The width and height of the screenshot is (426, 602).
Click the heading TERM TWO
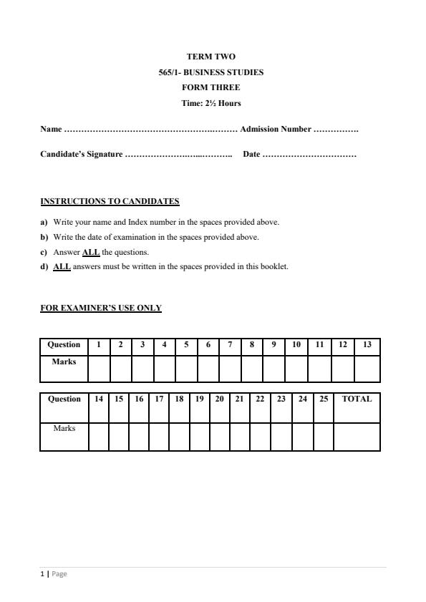(211, 57)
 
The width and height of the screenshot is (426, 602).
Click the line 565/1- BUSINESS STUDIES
(211, 72)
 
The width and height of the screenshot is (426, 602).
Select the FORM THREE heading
(211, 87)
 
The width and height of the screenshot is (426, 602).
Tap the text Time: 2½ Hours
(211, 103)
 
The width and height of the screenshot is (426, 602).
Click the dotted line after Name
(150, 130)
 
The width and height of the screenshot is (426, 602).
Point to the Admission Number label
(276, 130)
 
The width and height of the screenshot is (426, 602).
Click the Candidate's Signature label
(81, 155)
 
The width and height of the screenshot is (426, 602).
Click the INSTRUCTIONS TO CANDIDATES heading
(110, 201)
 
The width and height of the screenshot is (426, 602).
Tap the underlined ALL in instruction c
(91, 253)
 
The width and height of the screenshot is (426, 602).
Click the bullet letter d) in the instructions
(44, 267)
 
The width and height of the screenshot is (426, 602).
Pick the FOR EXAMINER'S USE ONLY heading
(101, 309)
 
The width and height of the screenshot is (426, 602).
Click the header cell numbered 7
(230, 345)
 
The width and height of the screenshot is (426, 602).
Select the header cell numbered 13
(367, 345)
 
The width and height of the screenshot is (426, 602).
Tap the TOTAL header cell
(357, 399)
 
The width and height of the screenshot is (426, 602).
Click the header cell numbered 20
(219, 399)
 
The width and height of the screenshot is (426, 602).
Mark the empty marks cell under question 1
(99, 369)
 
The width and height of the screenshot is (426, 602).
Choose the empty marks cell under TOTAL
(357, 436)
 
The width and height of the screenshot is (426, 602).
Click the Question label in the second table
(64, 399)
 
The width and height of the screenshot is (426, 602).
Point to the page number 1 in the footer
(42, 573)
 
